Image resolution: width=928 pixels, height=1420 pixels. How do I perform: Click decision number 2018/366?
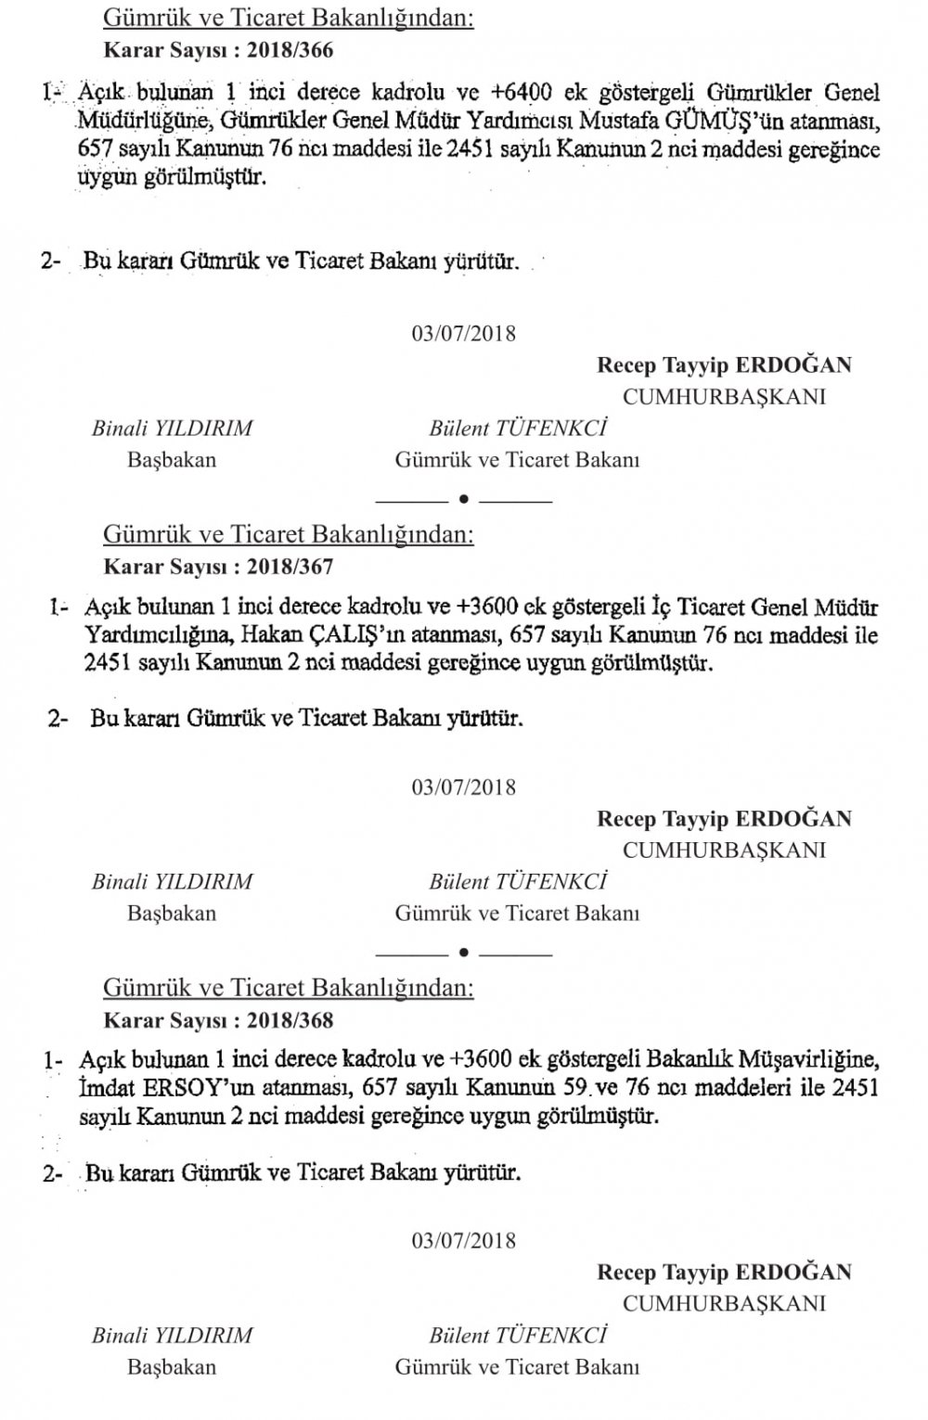[x=290, y=49]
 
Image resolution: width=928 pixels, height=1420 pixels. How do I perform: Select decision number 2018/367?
[x=290, y=566]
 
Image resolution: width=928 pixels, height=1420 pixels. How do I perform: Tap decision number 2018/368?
[x=290, y=1020]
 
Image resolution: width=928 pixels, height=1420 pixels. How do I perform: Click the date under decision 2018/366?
[x=464, y=333]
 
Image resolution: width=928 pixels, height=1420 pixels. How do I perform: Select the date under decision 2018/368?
[x=464, y=1241]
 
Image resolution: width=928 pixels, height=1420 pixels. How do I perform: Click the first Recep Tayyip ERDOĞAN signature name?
[x=724, y=365]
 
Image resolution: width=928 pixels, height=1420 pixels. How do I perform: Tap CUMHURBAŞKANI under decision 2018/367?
[x=724, y=850]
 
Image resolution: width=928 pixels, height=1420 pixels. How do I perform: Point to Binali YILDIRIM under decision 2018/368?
[x=172, y=1336]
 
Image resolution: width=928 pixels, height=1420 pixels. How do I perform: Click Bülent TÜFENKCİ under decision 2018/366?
[x=518, y=429]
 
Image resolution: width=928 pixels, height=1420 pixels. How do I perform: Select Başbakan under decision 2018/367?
[x=172, y=913]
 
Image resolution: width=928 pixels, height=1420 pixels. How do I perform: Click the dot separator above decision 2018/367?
[x=463, y=500]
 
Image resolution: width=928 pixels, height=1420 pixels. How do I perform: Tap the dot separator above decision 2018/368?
[x=463, y=953]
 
